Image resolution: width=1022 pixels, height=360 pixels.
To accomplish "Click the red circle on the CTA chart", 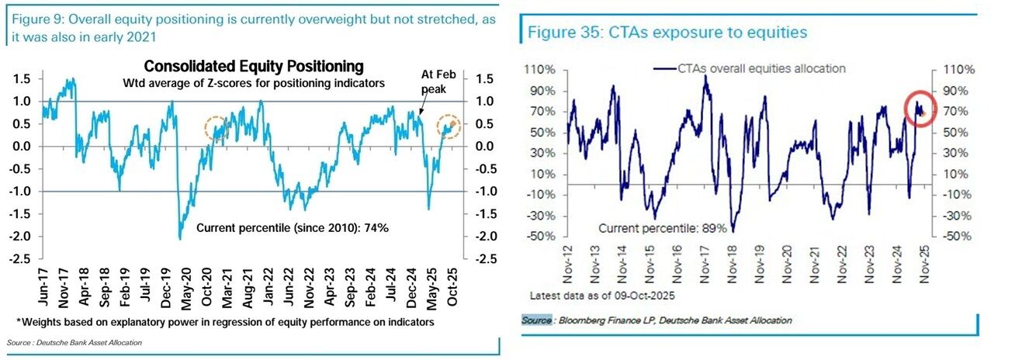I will [x=921, y=108].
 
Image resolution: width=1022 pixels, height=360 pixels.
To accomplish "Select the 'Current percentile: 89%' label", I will [x=663, y=228].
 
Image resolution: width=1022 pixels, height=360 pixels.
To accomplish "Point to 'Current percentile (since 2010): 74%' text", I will [x=292, y=228].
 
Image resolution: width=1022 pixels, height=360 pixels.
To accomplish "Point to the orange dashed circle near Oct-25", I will [x=449, y=125].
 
